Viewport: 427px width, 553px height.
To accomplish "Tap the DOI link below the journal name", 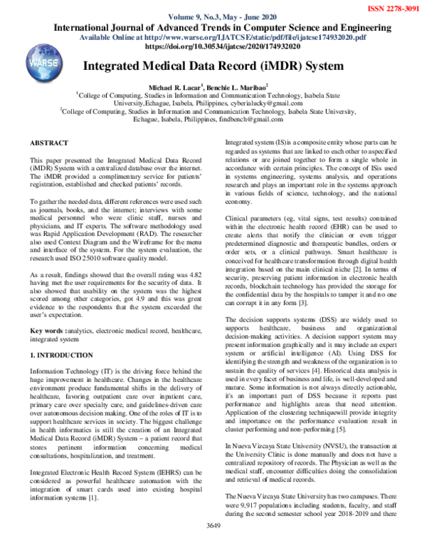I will coord(222,46).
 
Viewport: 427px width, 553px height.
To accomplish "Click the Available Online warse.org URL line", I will coord(223,37).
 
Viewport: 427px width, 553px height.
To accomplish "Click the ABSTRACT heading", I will coord(50,143).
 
